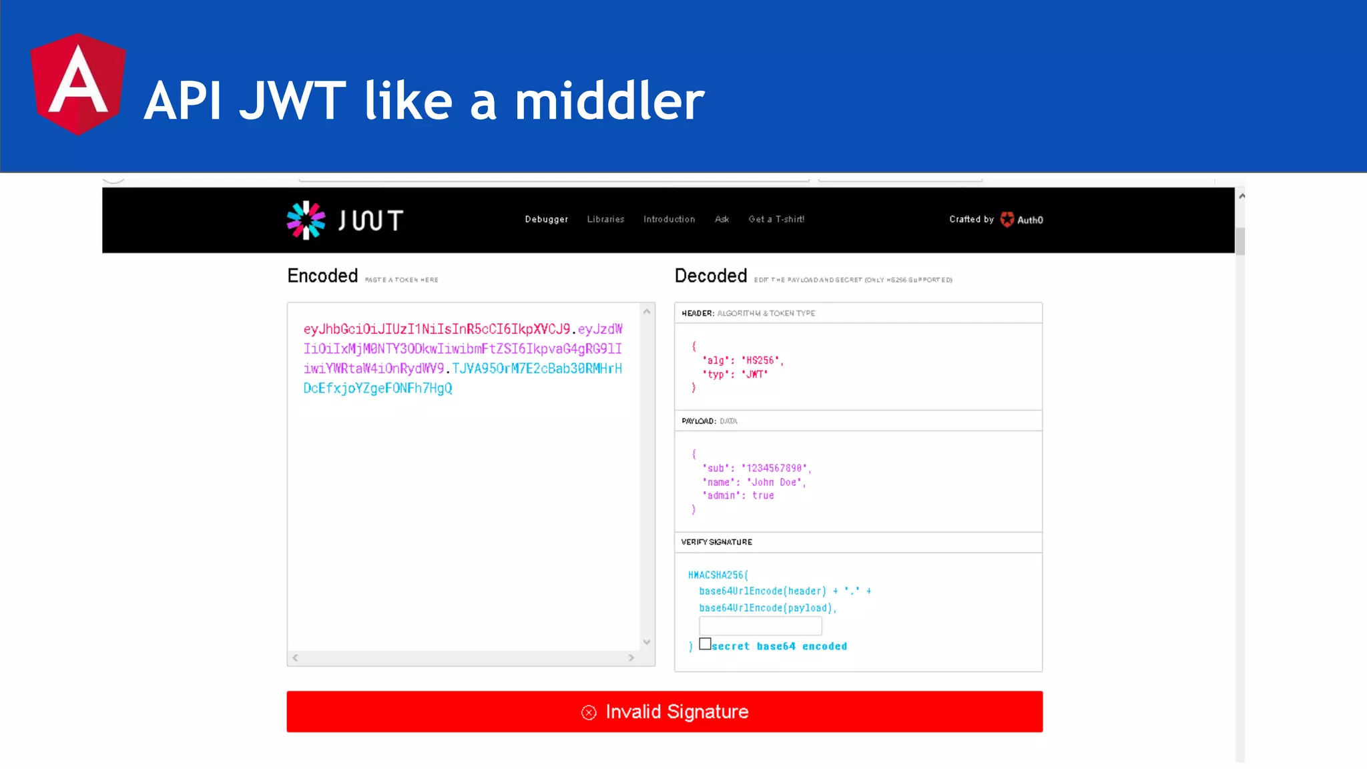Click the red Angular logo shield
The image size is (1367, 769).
pos(78,84)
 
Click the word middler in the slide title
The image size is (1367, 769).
pos(609,101)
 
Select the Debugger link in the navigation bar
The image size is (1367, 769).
pos(546,220)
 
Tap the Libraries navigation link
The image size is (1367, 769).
pos(605,220)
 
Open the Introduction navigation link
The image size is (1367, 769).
pos(669,220)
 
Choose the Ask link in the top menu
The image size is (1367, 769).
pos(722,220)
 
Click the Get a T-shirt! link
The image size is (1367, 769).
pos(776,220)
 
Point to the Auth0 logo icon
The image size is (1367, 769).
pos(1007,220)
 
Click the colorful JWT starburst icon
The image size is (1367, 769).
pos(306,220)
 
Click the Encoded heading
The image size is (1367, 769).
pos(322,276)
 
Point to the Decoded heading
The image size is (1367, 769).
pos(710,276)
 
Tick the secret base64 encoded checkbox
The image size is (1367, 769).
pos(705,644)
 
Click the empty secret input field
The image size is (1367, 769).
pos(760,626)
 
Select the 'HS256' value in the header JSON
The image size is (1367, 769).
pos(760,360)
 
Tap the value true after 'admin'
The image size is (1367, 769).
pos(763,496)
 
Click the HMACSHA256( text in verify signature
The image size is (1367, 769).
pos(718,575)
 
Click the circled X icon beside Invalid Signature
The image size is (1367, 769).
pos(589,713)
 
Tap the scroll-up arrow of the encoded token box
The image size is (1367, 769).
pos(647,312)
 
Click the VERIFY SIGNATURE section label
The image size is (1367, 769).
pos(716,543)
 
